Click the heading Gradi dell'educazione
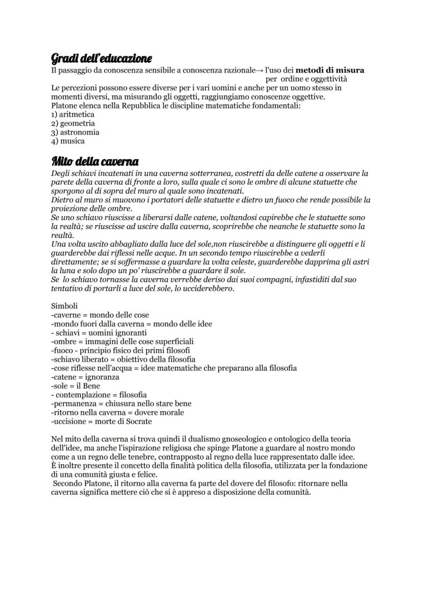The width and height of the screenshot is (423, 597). (x=101, y=58)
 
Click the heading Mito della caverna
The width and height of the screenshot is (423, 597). (x=95, y=162)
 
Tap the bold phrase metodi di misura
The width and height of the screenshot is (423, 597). (x=330, y=70)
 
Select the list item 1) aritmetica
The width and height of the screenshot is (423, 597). (x=73, y=114)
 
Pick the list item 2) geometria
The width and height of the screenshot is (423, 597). (x=73, y=123)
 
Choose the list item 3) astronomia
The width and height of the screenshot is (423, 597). (x=75, y=132)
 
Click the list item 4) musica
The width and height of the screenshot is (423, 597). (x=68, y=140)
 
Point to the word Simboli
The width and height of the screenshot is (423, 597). (x=64, y=306)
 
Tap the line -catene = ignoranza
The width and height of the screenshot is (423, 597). (x=85, y=377)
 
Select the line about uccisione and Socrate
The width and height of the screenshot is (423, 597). (x=102, y=421)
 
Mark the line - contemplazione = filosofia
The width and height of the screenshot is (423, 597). (x=99, y=395)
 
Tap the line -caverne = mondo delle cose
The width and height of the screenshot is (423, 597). (x=100, y=315)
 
